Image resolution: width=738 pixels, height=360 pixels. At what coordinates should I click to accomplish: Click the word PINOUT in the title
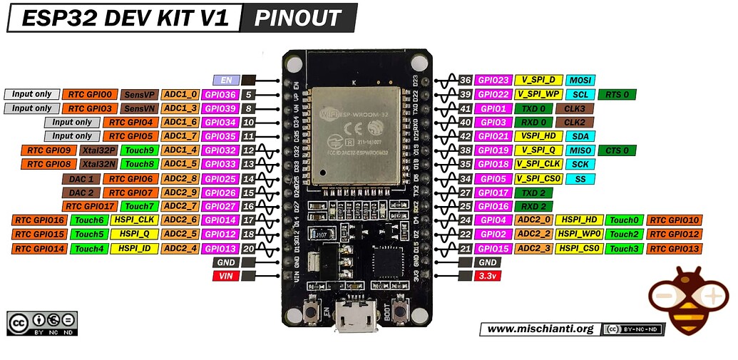pos(298,18)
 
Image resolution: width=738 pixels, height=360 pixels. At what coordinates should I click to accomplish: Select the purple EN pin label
pos(226,81)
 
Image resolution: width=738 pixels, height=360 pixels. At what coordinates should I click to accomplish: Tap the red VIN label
pos(225,276)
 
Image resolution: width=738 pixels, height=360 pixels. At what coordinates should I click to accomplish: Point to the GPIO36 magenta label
pos(220,94)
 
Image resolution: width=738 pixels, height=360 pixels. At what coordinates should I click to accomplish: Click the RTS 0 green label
pos(617,94)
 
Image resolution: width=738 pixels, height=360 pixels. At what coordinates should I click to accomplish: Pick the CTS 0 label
pos(617,150)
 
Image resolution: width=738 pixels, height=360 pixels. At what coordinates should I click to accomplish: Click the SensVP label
pos(139,94)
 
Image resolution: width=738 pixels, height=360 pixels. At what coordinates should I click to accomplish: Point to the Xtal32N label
pos(99,164)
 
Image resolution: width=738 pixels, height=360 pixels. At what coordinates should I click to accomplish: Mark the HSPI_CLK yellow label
pos(133,220)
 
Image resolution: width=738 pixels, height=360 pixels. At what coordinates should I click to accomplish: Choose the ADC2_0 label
pos(533,220)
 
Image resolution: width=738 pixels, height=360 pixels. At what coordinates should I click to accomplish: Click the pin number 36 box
pos(465,81)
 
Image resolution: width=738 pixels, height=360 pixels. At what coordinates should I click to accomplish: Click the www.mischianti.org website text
pos(540,329)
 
